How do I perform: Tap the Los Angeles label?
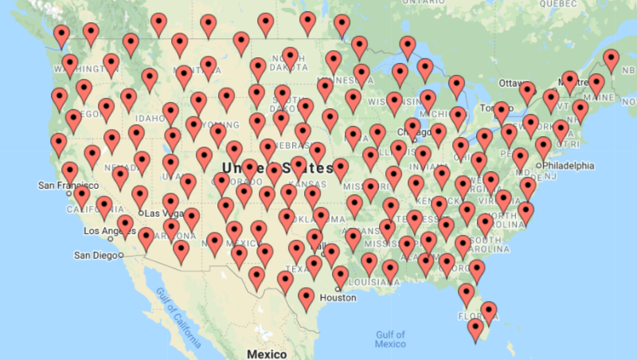point(110,231)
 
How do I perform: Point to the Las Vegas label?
point(162,213)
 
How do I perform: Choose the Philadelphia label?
point(569,166)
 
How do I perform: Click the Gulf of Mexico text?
point(390,338)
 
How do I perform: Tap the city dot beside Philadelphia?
point(540,166)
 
